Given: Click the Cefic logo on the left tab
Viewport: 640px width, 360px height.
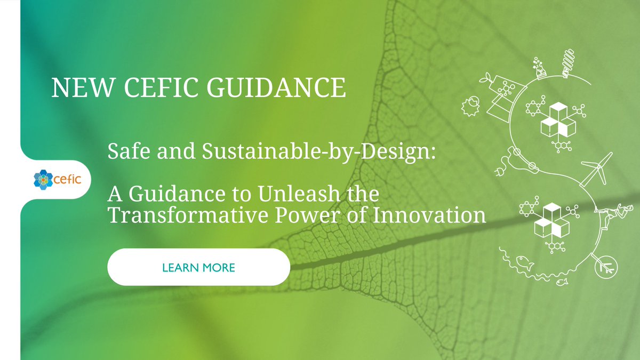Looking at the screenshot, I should click(55, 179).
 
